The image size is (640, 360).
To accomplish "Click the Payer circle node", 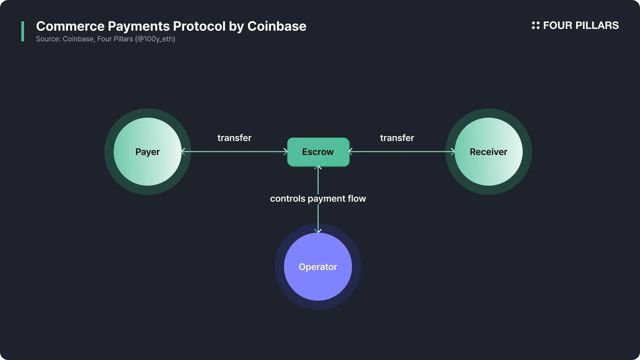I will click(147, 152).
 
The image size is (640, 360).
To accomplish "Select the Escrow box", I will click(318, 152).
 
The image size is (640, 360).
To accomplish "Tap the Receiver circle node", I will click(488, 152).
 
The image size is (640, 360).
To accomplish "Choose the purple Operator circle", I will click(318, 267).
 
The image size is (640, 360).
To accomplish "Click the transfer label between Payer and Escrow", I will click(234, 138).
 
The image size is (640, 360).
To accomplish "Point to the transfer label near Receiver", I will click(397, 138).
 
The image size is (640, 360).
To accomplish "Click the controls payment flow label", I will click(318, 199).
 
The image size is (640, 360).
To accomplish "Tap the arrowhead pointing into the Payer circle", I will click(183, 152).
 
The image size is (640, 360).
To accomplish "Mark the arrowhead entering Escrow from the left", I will click(285, 152).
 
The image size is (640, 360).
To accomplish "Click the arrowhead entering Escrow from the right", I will click(350, 152).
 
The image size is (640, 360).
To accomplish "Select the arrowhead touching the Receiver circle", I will click(453, 152).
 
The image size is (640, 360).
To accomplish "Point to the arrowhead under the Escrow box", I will click(318, 168).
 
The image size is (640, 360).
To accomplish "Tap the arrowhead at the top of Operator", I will click(318, 230).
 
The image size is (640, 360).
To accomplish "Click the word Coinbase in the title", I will click(277, 26).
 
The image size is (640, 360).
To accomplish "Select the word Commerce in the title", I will click(70, 26).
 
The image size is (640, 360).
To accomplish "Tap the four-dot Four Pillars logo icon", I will click(535, 25).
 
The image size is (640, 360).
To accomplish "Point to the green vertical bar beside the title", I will click(23, 31).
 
